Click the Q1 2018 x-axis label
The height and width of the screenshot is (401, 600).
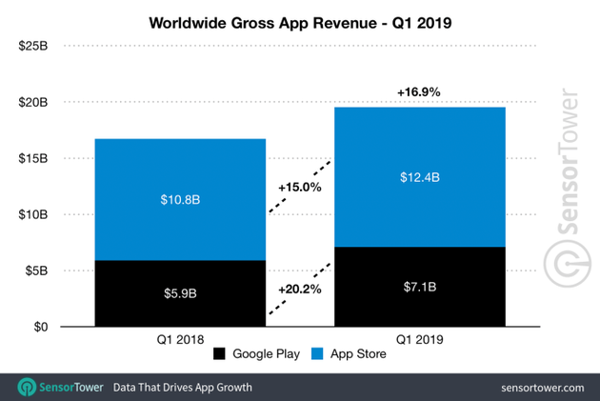pyautogui.click(x=180, y=338)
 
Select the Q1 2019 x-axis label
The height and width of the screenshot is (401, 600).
pyautogui.click(x=420, y=338)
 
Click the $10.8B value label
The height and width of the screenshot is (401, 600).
pyautogui.click(x=180, y=199)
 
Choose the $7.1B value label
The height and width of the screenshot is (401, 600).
pyautogui.click(x=420, y=285)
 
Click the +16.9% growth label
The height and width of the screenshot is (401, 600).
pyautogui.click(x=420, y=92)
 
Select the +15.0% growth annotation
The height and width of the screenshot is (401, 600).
pyautogui.click(x=300, y=188)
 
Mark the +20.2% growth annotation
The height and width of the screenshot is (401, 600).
pyautogui.click(x=300, y=285)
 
